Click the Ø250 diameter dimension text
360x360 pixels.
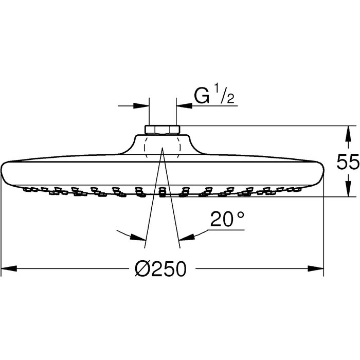point(160,269)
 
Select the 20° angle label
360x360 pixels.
point(227,219)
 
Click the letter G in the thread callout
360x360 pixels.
point(202,95)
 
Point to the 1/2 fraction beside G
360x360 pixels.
point(225,95)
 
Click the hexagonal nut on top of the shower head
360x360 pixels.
point(163,130)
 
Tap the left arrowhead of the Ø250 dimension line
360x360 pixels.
point(9,268)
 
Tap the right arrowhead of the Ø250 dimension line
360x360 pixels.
point(316,268)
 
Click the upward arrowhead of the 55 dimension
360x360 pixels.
point(348,133)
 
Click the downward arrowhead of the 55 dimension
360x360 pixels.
point(348,189)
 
